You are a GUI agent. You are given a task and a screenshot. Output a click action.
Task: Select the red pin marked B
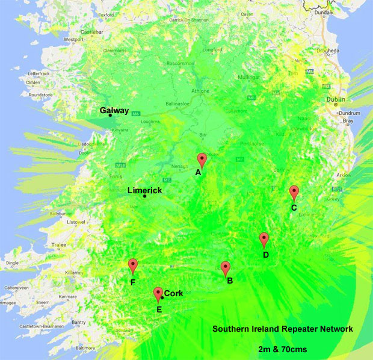(226, 268)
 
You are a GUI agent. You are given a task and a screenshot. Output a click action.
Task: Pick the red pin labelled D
(264, 240)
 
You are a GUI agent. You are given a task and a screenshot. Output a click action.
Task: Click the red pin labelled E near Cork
(158, 294)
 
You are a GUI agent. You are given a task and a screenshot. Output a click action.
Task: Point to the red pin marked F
(133, 265)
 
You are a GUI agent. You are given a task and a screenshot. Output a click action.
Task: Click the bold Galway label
(114, 110)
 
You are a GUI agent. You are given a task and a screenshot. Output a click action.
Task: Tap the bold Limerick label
(145, 190)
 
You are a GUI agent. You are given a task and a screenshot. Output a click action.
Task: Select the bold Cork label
(173, 293)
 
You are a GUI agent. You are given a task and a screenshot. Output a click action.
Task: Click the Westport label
(73, 40)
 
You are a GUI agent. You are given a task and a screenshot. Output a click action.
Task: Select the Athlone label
(200, 91)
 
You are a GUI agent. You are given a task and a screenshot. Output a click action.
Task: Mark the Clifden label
(33, 82)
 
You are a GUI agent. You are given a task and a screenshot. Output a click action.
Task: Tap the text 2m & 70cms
(282, 348)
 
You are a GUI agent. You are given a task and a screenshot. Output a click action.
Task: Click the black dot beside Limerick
(144, 196)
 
